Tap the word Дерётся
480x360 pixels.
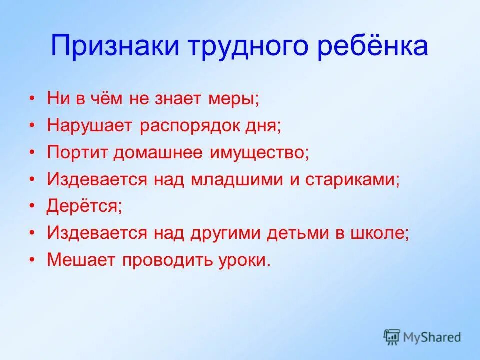coord(84,206)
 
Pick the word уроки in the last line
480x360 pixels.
coord(243,260)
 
